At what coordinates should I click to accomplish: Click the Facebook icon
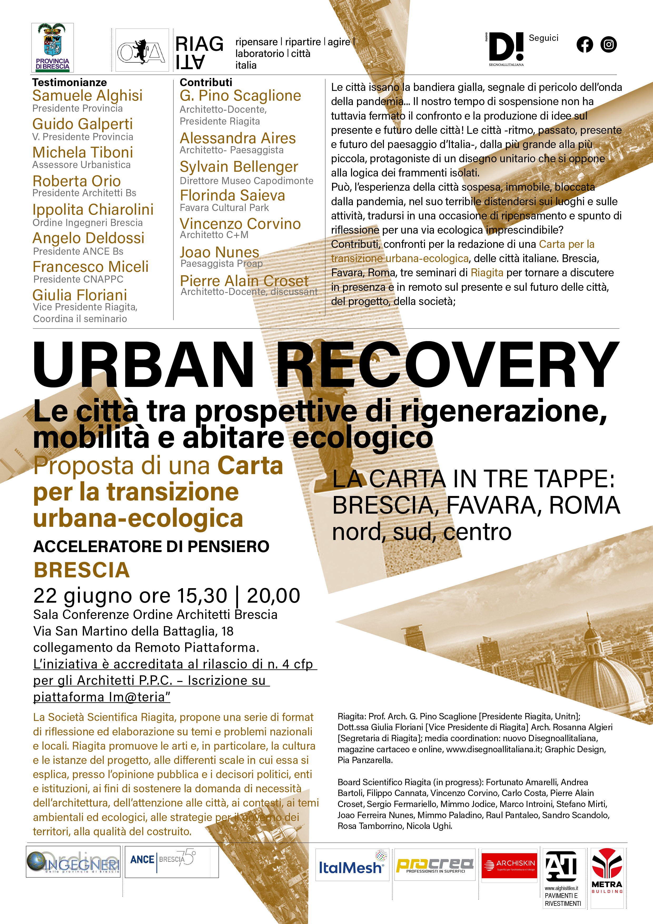[x=585, y=44]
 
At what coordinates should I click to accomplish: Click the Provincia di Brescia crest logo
[x=52, y=47]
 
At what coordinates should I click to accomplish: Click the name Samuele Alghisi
[x=87, y=96]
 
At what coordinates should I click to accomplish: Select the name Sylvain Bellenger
[x=239, y=167]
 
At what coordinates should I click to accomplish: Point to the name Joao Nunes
[x=219, y=252]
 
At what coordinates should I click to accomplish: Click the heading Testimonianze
[x=70, y=82]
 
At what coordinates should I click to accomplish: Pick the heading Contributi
[x=206, y=82]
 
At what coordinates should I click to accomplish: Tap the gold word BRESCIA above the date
[x=82, y=570]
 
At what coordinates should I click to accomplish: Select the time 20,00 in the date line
[x=274, y=596]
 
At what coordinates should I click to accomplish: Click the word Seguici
[x=543, y=38]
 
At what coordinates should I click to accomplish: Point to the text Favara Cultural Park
[x=224, y=208]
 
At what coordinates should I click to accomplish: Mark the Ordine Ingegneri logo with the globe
[x=73, y=862]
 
